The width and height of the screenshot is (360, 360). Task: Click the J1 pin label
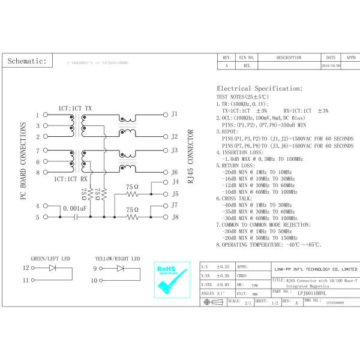tap(175, 113)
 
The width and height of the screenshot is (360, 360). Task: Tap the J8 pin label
tap(175, 217)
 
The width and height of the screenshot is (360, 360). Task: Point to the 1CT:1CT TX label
tap(75, 107)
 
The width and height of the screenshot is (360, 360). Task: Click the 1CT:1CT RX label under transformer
tap(71, 179)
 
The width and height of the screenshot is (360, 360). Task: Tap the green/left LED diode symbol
tap(52, 268)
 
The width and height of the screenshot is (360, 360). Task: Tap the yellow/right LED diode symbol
tap(120, 268)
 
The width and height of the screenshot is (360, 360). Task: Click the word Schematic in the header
tap(27, 61)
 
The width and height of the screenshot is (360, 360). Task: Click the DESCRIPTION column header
tap(289, 58)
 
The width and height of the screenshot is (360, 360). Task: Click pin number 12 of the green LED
tap(25, 268)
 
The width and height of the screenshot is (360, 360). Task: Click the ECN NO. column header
tap(247, 58)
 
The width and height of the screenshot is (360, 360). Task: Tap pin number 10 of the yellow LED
tap(94, 280)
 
